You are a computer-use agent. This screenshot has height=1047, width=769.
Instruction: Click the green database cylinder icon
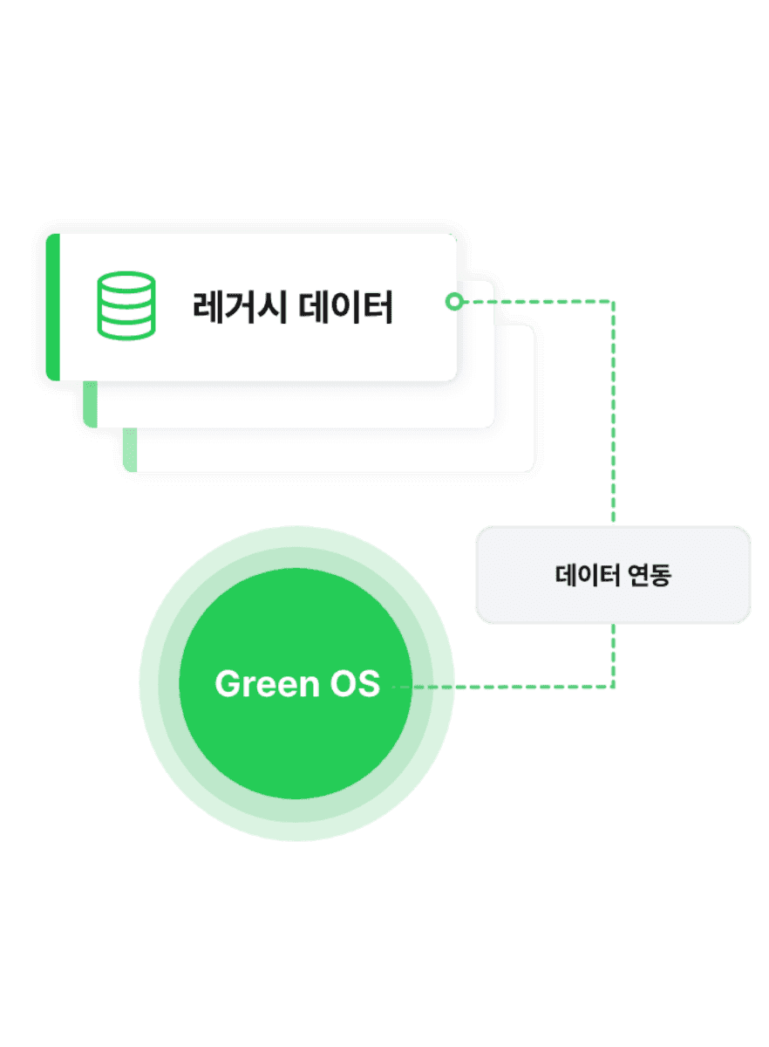pyautogui.click(x=126, y=305)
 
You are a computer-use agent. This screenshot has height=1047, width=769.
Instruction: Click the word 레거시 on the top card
pyautogui.click(x=239, y=306)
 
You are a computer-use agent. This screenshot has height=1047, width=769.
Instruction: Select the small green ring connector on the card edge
pyautogui.click(x=454, y=302)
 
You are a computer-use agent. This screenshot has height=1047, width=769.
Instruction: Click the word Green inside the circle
pyautogui.click(x=267, y=684)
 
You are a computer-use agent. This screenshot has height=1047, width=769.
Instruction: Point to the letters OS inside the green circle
pyautogui.click(x=355, y=684)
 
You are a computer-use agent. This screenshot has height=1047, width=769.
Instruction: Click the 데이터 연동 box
pyautogui.click(x=613, y=574)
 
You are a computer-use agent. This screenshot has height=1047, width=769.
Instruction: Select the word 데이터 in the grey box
pyautogui.click(x=587, y=574)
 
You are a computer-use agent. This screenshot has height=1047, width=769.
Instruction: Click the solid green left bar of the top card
pyautogui.click(x=53, y=307)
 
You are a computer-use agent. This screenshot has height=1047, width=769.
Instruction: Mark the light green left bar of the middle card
pyautogui.click(x=90, y=404)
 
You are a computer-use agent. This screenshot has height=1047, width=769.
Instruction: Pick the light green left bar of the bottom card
pyautogui.click(x=130, y=449)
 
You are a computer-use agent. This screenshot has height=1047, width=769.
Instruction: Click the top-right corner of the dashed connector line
pyautogui.click(x=614, y=302)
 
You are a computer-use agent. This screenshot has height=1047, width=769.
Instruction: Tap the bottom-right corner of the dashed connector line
pyautogui.click(x=614, y=687)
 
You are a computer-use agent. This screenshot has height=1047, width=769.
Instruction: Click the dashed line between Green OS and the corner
pyautogui.click(x=503, y=687)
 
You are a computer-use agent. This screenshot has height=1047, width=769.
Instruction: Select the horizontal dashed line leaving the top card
pyautogui.click(x=538, y=302)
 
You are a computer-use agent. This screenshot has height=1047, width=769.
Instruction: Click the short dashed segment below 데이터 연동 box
pyautogui.click(x=614, y=655)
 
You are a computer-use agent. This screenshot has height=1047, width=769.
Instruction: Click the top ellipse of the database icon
pyautogui.click(x=126, y=282)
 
